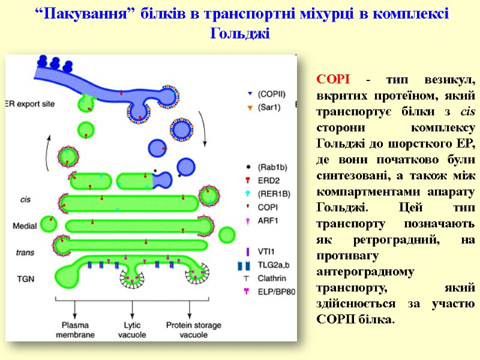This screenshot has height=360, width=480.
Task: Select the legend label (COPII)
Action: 271,94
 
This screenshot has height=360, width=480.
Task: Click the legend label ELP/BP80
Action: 276,292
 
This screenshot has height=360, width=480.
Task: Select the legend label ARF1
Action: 267,220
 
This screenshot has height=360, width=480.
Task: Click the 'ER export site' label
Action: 30,103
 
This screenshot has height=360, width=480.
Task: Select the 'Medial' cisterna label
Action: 25,226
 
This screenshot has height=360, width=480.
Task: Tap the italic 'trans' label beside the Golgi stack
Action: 25,253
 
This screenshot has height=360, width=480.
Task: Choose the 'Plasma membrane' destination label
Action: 76,329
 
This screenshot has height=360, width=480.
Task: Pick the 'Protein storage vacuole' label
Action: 191,329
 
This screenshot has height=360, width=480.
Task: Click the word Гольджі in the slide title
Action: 241,34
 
